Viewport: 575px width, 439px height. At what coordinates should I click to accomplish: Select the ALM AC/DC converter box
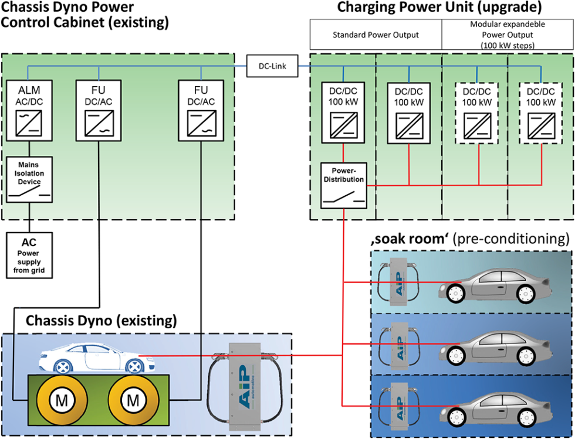29,111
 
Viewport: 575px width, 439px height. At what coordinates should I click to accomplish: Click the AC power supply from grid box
29,255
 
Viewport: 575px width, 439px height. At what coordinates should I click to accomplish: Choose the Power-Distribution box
343,186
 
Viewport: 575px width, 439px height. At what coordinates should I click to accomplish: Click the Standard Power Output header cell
376,35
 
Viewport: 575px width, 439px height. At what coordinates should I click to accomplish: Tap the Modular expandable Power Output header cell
508,35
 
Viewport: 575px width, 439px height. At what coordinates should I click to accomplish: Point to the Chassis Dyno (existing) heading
100,321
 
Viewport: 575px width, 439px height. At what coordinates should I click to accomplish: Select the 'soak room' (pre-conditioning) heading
469,239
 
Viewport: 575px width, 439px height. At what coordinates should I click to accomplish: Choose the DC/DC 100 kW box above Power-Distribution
343,111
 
